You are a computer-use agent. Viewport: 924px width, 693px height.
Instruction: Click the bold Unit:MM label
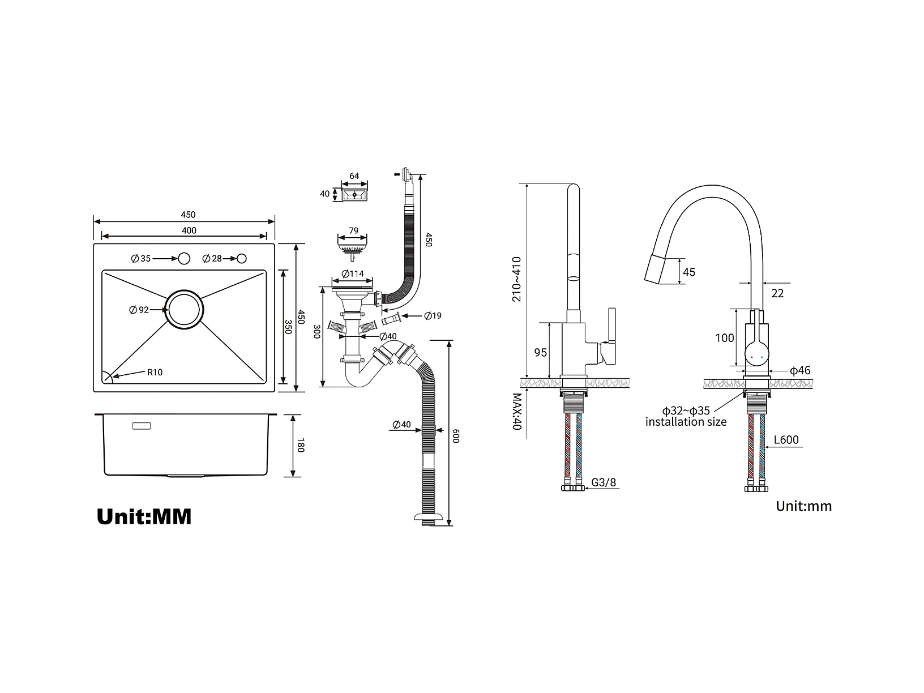(x=144, y=517)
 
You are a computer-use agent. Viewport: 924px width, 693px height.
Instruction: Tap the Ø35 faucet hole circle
(x=184, y=258)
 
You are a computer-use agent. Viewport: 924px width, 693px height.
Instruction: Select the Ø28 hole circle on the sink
(x=241, y=258)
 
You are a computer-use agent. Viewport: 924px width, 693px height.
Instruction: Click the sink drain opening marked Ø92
(x=184, y=310)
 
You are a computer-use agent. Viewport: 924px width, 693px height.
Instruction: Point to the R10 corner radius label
(x=155, y=373)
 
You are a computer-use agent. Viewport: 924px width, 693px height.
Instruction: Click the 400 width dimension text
(x=189, y=230)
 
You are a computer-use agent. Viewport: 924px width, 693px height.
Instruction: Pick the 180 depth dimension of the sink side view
(x=300, y=445)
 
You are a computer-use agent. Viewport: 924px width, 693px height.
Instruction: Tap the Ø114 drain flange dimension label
(x=352, y=274)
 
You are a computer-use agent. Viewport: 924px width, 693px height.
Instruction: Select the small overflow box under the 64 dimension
(x=354, y=195)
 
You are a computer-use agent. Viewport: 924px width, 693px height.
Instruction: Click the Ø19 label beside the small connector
(x=433, y=315)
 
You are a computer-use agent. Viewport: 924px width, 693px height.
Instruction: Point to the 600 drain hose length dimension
(x=456, y=436)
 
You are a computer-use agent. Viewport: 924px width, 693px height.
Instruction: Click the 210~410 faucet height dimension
(x=516, y=279)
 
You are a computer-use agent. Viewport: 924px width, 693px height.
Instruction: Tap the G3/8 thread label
(x=604, y=482)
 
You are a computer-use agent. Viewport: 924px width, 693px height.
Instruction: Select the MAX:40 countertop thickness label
(x=517, y=412)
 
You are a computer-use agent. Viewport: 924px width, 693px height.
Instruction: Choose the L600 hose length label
(x=786, y=440)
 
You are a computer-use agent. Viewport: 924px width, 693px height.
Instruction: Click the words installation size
(x=686, y=422)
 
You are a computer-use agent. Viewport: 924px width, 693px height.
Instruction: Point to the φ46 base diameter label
(x=800, y=370)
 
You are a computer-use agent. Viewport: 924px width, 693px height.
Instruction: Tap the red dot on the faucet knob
(x=752, y=357)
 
